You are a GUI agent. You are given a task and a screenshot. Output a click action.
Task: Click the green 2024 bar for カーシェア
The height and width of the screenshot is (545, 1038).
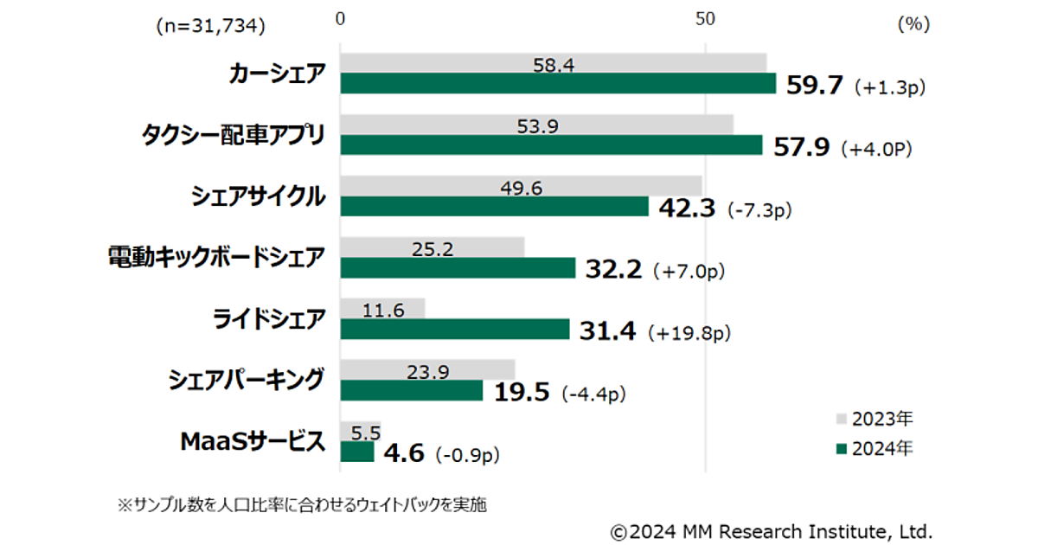point(558,83)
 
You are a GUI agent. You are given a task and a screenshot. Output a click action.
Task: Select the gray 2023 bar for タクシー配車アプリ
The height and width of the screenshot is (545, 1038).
point(536,125)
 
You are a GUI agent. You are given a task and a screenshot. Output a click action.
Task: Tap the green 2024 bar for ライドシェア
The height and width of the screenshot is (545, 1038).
point(455,330)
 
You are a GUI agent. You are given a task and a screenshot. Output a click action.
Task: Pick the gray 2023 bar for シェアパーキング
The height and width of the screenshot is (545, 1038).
point(427,370)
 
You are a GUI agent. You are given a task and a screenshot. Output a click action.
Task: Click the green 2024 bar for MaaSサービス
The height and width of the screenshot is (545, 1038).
point(357,452)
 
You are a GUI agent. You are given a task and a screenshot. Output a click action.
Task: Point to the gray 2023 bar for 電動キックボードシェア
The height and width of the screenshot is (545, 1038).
point(432,247)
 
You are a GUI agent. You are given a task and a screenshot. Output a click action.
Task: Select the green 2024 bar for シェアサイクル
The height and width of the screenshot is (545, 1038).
point(494,207)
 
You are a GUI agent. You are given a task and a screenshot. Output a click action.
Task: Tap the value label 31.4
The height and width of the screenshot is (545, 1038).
point(609,330)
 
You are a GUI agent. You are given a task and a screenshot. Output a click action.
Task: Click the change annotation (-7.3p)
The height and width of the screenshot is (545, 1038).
point(760,209)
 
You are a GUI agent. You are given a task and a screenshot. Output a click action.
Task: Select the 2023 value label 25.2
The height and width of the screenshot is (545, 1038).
point(432,249)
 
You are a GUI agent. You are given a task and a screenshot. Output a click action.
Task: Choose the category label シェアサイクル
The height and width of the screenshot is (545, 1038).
point(258,197)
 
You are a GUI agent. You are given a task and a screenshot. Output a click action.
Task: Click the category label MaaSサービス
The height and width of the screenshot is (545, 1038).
point(253,442)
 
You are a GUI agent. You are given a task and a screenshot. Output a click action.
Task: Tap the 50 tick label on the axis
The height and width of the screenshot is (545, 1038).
point(706,19)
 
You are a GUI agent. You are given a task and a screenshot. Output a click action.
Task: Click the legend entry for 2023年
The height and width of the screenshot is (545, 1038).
point(873,420)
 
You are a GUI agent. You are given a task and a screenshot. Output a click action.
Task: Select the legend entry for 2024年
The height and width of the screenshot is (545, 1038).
point(873,448)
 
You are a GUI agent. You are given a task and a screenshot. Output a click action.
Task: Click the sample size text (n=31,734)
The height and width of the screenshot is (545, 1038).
point(209,26)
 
